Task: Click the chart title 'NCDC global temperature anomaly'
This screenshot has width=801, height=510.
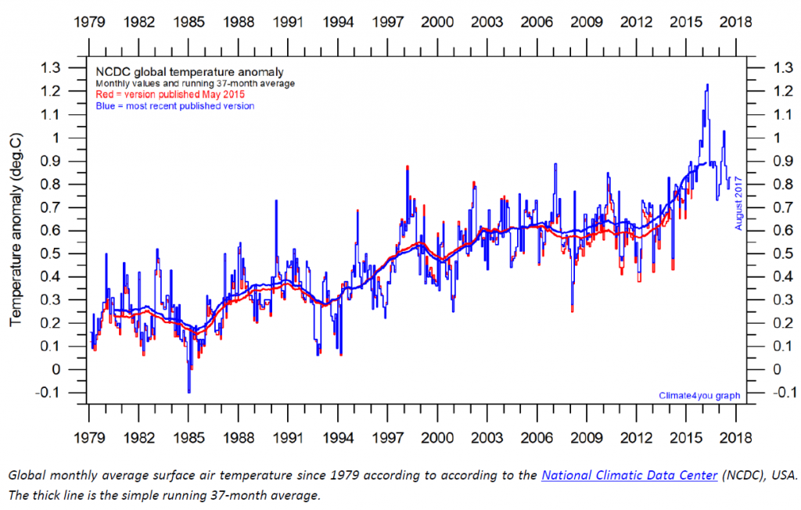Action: pos(189,71)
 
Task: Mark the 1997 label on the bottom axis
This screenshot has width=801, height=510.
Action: pos(388,436)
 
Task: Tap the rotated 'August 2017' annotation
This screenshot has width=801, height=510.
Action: pos(738,203)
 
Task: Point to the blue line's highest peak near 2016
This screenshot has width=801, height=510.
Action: pos(707,84)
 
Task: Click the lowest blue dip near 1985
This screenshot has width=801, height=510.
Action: pos(189,392)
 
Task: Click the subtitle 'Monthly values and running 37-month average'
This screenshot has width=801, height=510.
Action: pos(196,83)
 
